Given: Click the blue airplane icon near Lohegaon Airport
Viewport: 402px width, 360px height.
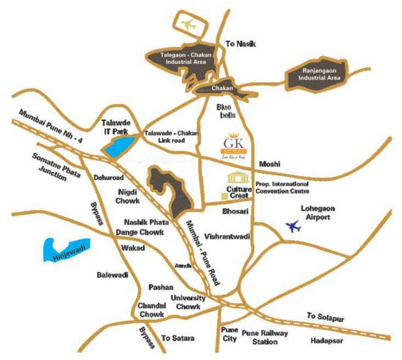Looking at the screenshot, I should pos(293,225).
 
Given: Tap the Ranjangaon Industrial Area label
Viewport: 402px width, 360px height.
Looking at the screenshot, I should pos(319,74).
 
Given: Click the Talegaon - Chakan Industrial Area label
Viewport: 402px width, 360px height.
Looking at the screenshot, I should pos(183,59).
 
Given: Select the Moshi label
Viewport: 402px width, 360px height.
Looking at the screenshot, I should pos(269,164).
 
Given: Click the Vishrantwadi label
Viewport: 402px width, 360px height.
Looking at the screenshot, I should pos(227,237).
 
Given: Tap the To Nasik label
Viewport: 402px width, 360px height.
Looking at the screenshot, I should pos(241,44).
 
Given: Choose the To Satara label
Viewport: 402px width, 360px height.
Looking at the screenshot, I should pos(178,338).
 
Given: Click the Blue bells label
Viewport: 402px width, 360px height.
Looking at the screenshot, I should pos(226,111).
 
